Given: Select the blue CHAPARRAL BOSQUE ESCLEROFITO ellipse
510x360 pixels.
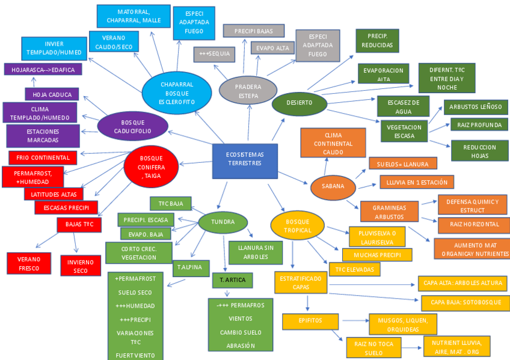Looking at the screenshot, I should click(x=177, y=93).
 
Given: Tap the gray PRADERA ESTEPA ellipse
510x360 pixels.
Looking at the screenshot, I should click(x=248, y=91).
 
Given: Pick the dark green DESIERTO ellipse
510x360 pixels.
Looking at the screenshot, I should click(x=299, y=103).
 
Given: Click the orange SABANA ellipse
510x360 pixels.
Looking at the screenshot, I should click(x=333, y=186).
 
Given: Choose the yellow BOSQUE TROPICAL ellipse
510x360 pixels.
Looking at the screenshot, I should click(x=298, y=225).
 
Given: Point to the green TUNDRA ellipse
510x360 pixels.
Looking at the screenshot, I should click(x=223, y=222).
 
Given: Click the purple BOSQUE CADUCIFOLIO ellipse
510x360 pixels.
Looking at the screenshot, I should click(x=132, y=127).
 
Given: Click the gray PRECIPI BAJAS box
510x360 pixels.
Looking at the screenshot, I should click(x=253, y=31).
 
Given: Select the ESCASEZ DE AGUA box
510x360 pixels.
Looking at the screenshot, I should click(x=403, y=106).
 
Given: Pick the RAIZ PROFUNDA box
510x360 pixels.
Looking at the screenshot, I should click(x=479, y=125).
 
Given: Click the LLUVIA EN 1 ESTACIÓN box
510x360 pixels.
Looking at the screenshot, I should click(x=416, y=182).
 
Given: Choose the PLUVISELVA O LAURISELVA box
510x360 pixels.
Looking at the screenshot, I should click(x=377, y=236).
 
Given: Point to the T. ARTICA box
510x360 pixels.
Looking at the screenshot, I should click(x=232, y=280).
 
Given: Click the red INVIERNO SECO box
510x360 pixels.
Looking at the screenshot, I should click(x=81, y=265).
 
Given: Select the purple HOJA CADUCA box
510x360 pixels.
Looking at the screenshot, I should click(x=52, y=94).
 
